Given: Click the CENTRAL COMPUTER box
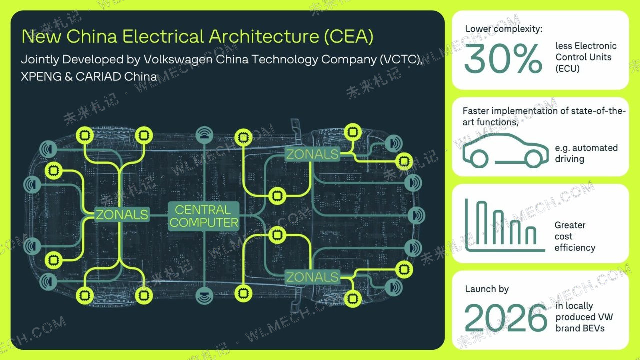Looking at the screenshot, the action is tap(203, 216).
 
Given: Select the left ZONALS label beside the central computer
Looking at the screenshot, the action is tap(122, 214).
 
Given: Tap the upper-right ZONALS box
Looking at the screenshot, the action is tap(312, 154).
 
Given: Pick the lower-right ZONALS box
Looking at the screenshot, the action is tap(312, 277).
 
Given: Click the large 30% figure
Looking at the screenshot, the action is tap(503, 59).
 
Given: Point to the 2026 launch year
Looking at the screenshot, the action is tap(505, 317).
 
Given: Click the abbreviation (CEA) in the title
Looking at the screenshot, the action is tap(349, 36).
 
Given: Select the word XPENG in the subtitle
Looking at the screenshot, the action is tap(41, 77).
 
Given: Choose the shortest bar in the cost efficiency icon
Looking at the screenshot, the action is tap(531, 235).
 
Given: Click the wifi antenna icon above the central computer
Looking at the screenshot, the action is tap(204, 135).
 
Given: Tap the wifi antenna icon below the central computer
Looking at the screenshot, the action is tap(204, 295).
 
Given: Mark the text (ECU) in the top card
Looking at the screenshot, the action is tap(567, 69).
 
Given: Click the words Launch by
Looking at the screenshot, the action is tap(487, 289).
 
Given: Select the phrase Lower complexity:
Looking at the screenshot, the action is tap(504, 29).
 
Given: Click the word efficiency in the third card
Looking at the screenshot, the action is tap(575, 248).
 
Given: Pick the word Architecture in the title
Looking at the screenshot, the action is tap(264, 36).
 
